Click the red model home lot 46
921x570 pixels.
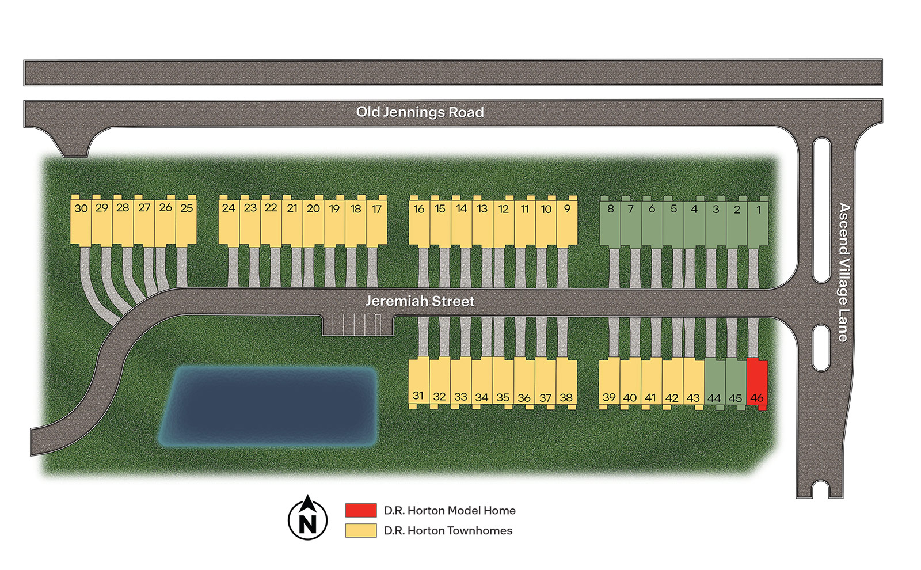click(x=756, y=383)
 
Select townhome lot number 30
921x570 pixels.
click(x=81, y=222)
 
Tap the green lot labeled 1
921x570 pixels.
click(x=758, y=223)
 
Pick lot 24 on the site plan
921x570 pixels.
click(x=229, y=222)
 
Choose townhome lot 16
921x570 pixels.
click(x=419, y=223)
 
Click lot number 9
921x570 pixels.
click(x=567, y=223)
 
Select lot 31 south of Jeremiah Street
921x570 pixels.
click(x=418, y=383)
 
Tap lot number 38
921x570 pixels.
click(x=566, y=383)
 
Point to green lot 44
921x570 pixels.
click(x=714, y=383)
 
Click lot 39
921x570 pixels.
click(x=609, y=383)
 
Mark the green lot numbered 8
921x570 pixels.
click(x=610, y=223)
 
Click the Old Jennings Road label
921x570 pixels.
click(x=420, y=112)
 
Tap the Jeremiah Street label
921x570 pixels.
click(x=420, y=301)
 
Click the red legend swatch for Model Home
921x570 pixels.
click(x=361, y=510)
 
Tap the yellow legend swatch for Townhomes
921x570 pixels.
click(x=361, y=530)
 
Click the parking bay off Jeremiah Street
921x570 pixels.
click(x=357, y=325)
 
